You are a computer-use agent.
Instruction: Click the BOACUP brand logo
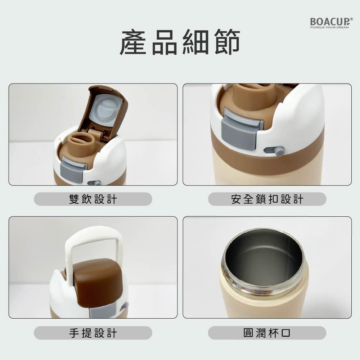(x=331, y=23)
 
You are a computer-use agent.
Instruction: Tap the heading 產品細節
(x=180, y=42)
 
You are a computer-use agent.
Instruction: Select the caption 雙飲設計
(x=93, y=199)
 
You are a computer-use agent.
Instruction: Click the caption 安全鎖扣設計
(x=267, y=199)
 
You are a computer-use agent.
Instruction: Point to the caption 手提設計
(x=93, y=333)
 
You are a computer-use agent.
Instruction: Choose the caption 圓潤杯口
(x=267, y=333)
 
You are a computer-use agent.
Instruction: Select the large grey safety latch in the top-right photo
(x=242, y=130)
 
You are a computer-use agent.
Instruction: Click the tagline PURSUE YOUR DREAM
(x=329, y=27)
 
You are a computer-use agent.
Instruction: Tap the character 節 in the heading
(x=227, y=42)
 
